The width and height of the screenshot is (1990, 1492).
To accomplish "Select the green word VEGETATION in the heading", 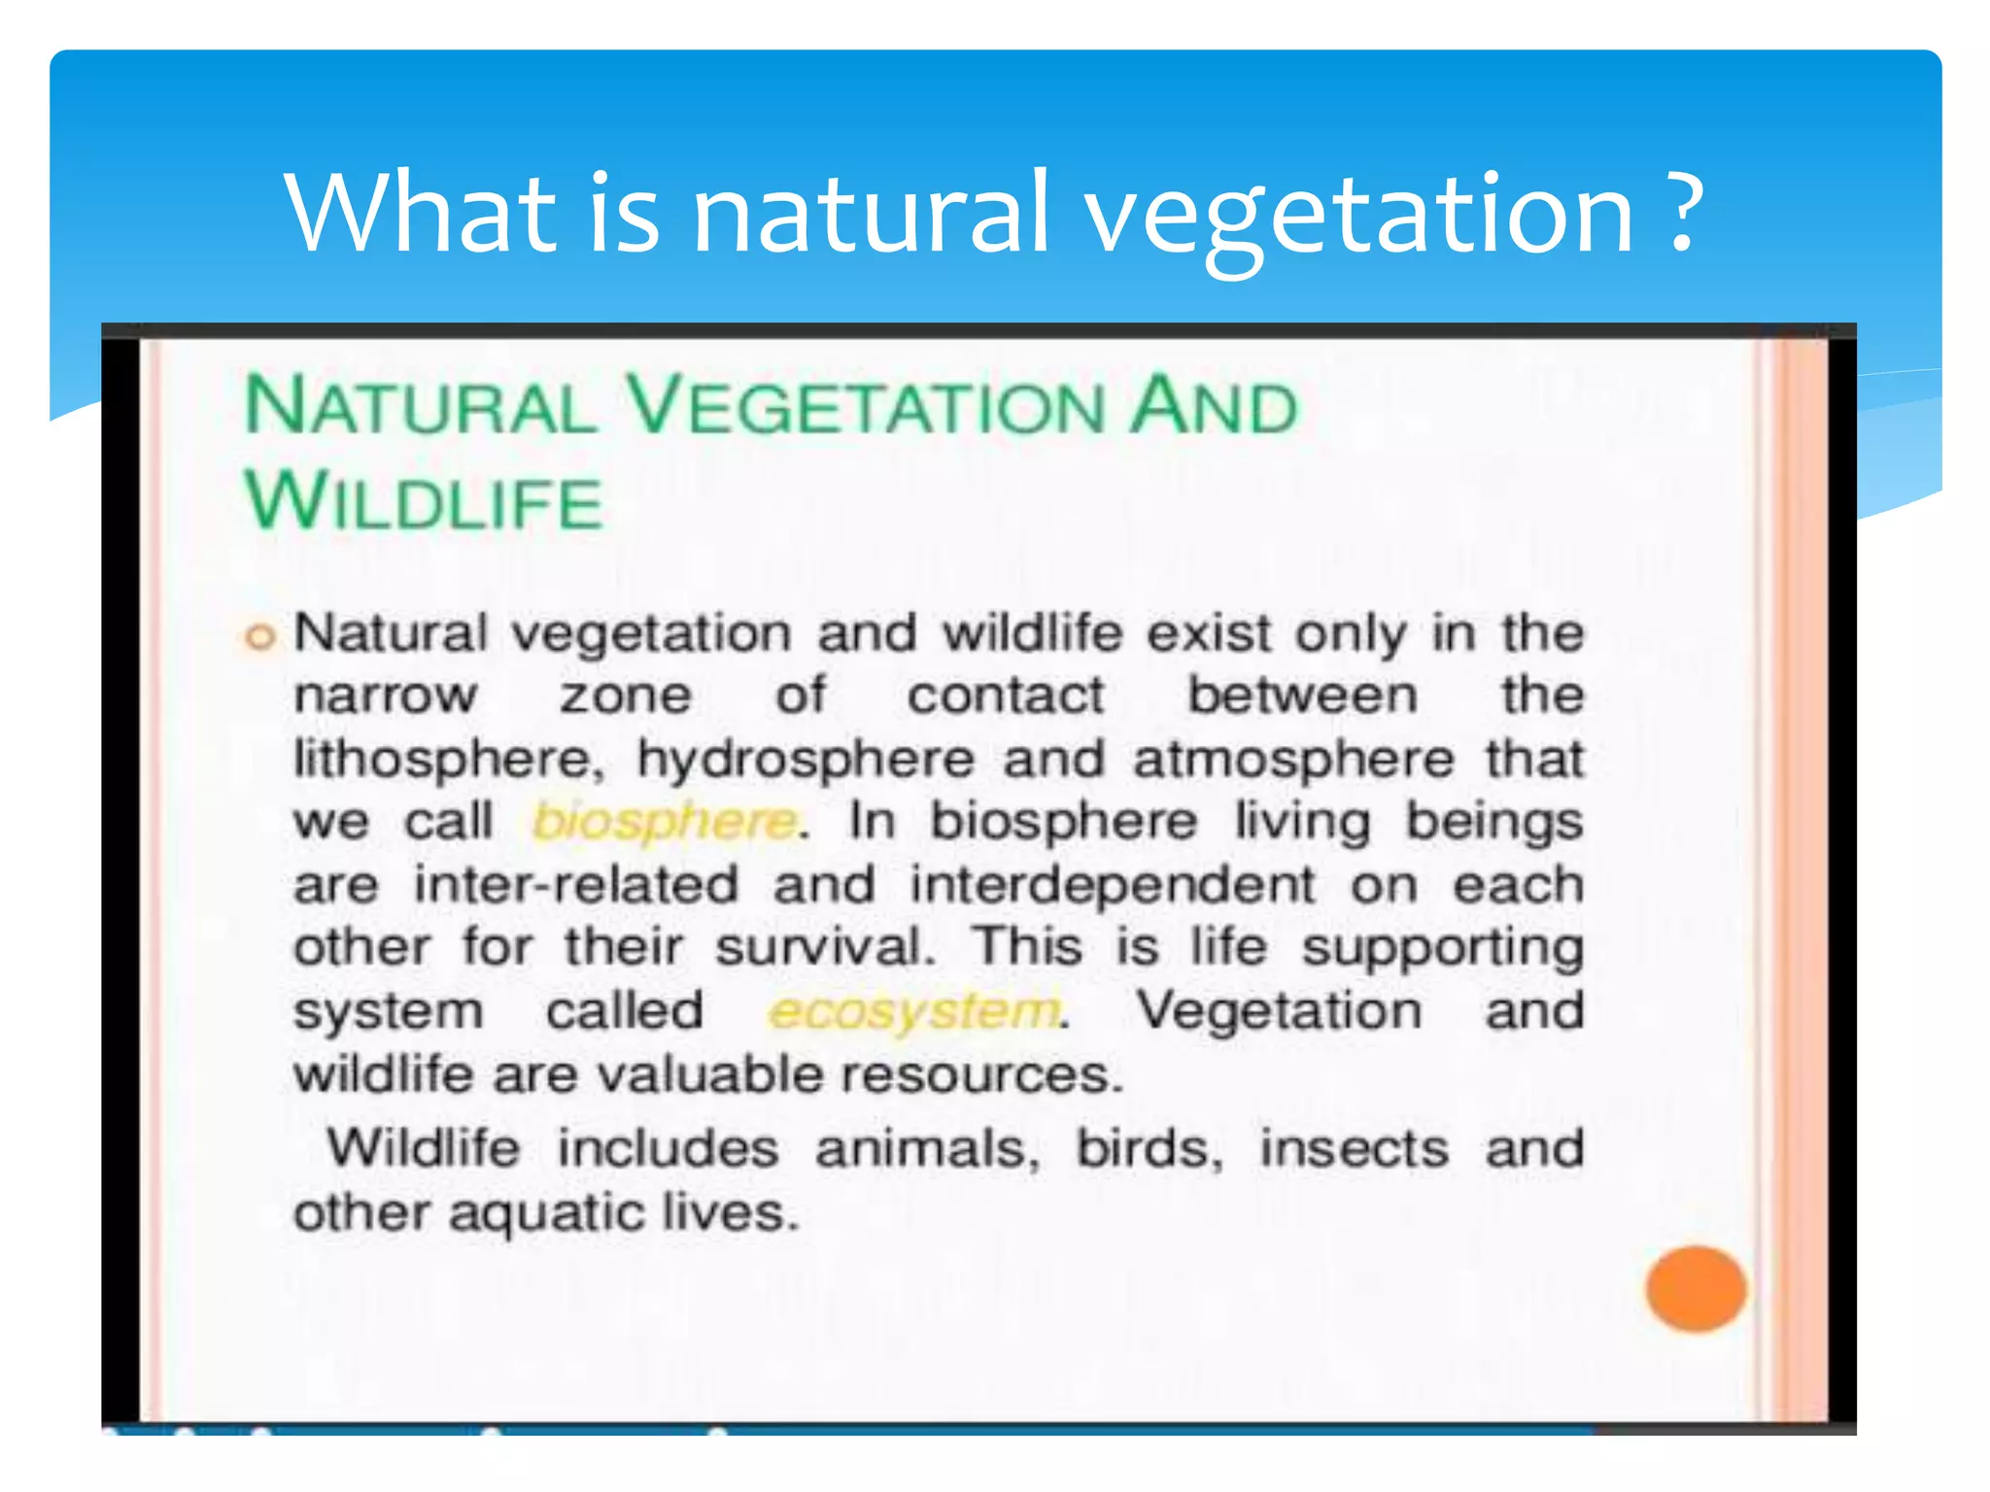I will click(867, 406).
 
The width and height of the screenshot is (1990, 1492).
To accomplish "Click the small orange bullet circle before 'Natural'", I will click(259, 638).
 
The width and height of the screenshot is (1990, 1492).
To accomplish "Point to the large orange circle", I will click(1696, 1288).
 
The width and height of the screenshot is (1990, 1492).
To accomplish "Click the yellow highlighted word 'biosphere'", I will click(666, 822).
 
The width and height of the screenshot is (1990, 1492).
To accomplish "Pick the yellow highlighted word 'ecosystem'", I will click(913, 1011).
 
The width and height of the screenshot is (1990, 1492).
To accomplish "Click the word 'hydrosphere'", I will click(806, 760).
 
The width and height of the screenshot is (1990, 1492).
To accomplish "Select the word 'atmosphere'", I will click(1293, 760).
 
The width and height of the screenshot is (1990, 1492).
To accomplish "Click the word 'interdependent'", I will click(1113, 885).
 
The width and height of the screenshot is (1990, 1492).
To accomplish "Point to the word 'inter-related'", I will click(576, 885).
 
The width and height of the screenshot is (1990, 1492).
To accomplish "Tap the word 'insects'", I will click(1354, 1148).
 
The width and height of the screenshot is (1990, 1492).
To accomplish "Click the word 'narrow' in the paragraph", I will click(386, 696).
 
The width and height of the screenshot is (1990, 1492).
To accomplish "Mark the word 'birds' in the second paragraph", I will click(1147, 1148).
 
